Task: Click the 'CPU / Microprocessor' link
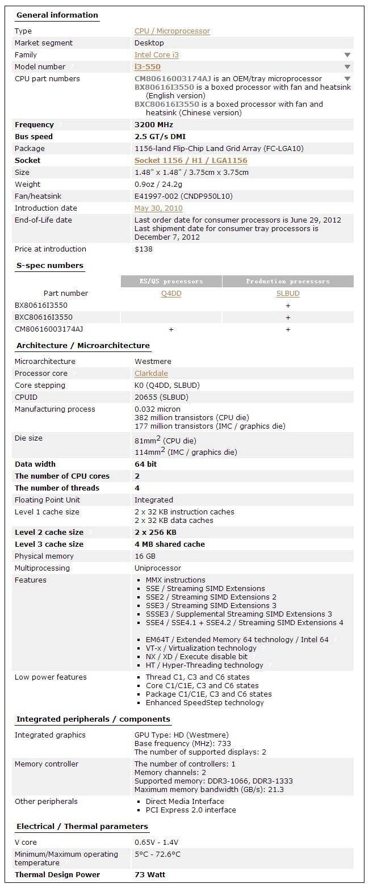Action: pyautogui.click(x=172, y=31)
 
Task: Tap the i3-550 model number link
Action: pyautogui.click(x=147, y=67)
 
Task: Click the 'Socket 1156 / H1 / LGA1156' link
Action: pyautogui.click(x=191, y=161)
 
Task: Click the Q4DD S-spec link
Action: pyautogui.click(x=171, y=294)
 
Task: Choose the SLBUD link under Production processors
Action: pyautogui.click(x=288, y=294)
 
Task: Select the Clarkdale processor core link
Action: pyautogui.click(x=151, y=374)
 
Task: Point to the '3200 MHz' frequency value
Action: pyautogui.click(x=154, y=125)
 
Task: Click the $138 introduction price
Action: pyautogui.click(x=144, y=249)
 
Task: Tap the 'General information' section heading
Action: pyautogui.click(x=57, y=15)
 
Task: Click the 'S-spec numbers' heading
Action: pyautogui.click(x=50, y=266)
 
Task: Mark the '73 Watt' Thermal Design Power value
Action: pyautogui.click(x=150, y=874)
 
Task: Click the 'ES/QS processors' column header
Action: pyautogui.click(x=171, y=282)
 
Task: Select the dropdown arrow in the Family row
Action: pyautogui.click(x=347, y=55)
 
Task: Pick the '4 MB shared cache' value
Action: pyautogui.click(x=170, y=544)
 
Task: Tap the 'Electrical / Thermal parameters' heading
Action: pyautogui.click(x=82, y=827)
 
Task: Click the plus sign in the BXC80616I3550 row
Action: pyautogui.click(x=288, y=317)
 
